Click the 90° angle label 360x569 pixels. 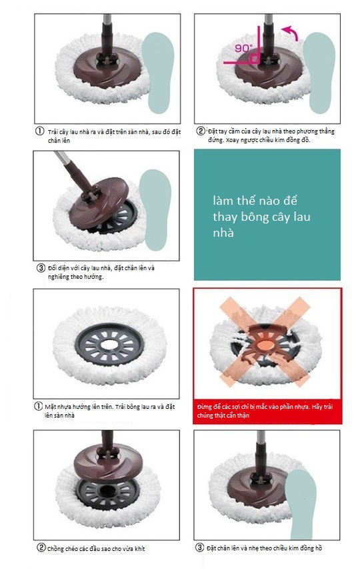coord(243,48)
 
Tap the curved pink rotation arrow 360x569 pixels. coord(291,32)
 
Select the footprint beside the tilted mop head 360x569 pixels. coord(155,209)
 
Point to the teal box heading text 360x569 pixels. coord(261,217)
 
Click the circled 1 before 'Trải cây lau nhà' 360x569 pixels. coord(39,131)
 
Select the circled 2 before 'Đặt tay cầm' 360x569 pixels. coord(201,131)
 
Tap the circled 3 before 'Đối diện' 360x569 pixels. coord(41,268)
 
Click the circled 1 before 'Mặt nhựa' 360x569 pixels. coord(38,406)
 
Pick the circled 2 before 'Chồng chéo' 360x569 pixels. coord(41,547)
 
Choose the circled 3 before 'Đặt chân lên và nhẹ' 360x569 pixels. coord(200,547)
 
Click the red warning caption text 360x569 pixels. coord(265,411)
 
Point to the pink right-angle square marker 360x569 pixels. coord(255,59)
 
